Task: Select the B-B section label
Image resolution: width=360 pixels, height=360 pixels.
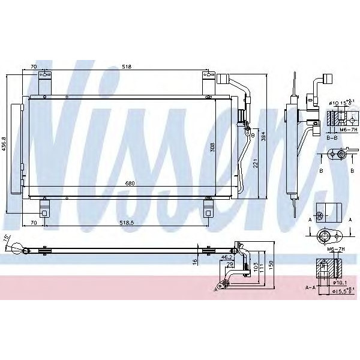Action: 331,137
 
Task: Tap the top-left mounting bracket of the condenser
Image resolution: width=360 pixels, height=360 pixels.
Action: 43,76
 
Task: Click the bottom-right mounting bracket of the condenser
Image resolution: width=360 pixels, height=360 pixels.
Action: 208,209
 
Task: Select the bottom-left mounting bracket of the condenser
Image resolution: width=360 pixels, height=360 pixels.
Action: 44,209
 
